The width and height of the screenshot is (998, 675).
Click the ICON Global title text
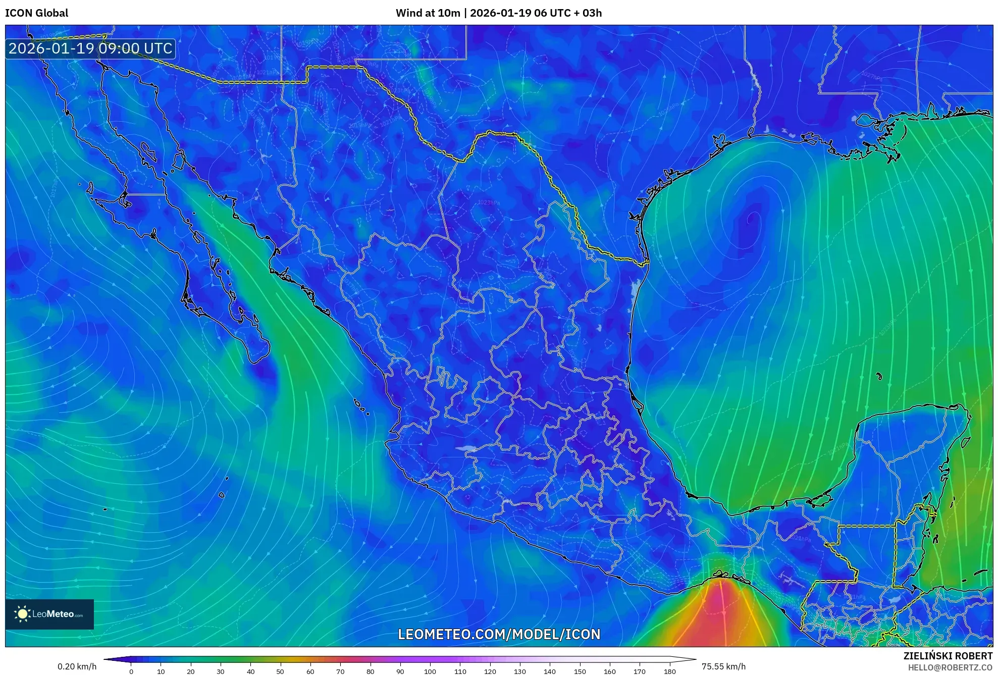[36, 13]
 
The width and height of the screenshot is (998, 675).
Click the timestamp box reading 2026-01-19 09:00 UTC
[90, 48]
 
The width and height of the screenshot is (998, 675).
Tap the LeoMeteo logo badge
[49, 614]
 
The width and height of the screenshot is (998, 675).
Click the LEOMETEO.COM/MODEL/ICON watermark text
[499, 634]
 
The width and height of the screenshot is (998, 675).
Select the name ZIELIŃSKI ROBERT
[948, 656]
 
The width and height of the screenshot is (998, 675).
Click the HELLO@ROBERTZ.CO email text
[950, 667]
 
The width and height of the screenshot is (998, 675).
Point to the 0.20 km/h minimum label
[77, 666]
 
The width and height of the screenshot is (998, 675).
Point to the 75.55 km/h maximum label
[723, 666]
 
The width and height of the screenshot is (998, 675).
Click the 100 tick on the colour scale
[430, 671]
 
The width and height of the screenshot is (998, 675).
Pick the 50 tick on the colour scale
[280, 671]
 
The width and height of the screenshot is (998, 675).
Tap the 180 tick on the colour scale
[669, 671]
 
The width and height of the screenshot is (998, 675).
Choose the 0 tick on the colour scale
[131, 671]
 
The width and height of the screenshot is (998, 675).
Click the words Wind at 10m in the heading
[428, 13]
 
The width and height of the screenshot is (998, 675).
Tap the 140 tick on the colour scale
[550, 671]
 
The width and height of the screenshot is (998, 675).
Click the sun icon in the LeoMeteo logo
[22, 614]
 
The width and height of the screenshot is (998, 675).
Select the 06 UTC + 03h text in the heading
[568, 13]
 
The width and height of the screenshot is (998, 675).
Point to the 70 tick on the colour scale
[340, 671]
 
